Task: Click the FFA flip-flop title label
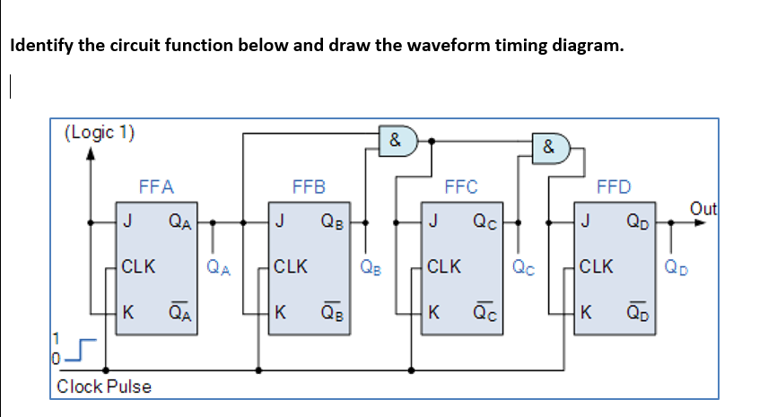pos(156,187)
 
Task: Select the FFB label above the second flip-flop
pos(309,187)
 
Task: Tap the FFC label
pos(461,187)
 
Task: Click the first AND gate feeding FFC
pos(397,141)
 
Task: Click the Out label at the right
pos(704,209)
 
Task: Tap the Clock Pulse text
pos(104,387)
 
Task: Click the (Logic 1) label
pos(100,133)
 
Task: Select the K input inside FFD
pos(586,313)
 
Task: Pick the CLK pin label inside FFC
pos(444,266)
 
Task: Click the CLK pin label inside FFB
pos(291,266)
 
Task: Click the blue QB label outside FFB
pos(370,266)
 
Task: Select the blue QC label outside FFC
pos(522,266)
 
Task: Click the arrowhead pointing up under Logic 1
pos(90,154)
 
